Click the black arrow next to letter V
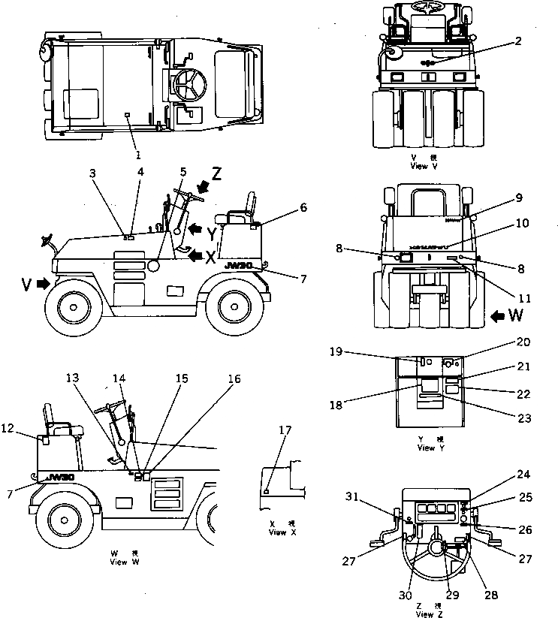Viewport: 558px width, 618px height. pos(44,284)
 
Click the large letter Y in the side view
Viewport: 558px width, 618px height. pos(212,234)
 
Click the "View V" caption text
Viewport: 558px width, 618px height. pos(425,165)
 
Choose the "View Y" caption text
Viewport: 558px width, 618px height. pos(426,448)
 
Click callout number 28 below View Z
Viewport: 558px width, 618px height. pos(490,595)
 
